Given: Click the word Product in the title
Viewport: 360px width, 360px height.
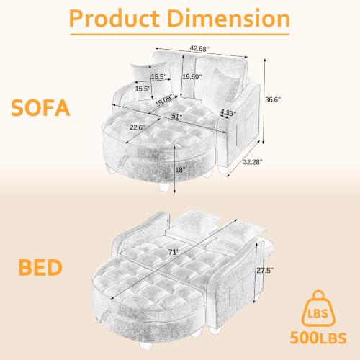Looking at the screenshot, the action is pos(114,19).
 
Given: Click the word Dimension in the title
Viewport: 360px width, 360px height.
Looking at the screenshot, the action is pos(228,19).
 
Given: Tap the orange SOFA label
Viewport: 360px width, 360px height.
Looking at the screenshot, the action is pos(40,108).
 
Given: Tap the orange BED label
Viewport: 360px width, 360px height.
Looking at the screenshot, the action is pos(40,267).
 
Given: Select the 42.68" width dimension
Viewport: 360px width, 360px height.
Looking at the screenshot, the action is pos(199,49).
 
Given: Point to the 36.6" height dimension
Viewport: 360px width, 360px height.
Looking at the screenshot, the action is pos(273,99).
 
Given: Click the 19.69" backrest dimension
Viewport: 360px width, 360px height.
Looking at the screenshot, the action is pos(192,77).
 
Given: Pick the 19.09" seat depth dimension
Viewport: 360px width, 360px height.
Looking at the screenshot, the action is pos(164,101).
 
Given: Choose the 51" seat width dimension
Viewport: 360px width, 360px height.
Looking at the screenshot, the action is pos(177,117).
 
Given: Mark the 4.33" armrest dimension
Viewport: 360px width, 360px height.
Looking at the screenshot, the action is pos(228,112).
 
